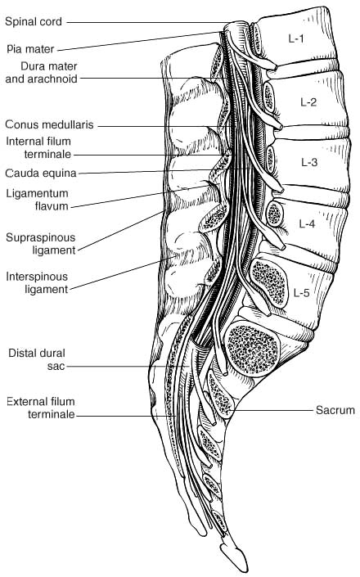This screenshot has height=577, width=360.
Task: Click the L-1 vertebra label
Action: tap(296, 38)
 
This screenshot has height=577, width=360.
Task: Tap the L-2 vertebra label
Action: tap(308, 102)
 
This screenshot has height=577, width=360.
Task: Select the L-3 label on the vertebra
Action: tap(309, 162)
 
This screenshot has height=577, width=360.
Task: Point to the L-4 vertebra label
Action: tap(307, 223)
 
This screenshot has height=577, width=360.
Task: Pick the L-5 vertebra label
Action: tap(302, 292)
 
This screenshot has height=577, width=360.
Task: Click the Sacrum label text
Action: tap(335, 410)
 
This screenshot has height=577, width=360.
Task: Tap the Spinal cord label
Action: tap(34, 22)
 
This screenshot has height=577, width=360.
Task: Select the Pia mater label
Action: tap(30, 49)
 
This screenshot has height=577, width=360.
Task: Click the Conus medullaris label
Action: tap(49, 124)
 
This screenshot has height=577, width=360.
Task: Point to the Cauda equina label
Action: tap(41, 173)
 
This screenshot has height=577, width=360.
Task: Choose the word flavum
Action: tap(52, 205)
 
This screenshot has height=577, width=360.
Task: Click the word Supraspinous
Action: tap(40, 237)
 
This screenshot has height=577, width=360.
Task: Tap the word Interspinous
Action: tap(37, 277)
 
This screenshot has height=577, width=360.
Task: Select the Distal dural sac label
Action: tap(37, 359)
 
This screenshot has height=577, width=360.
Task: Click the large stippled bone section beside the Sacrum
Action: tap(252, 349)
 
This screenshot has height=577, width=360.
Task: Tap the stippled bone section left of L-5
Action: tap(268, 282)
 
